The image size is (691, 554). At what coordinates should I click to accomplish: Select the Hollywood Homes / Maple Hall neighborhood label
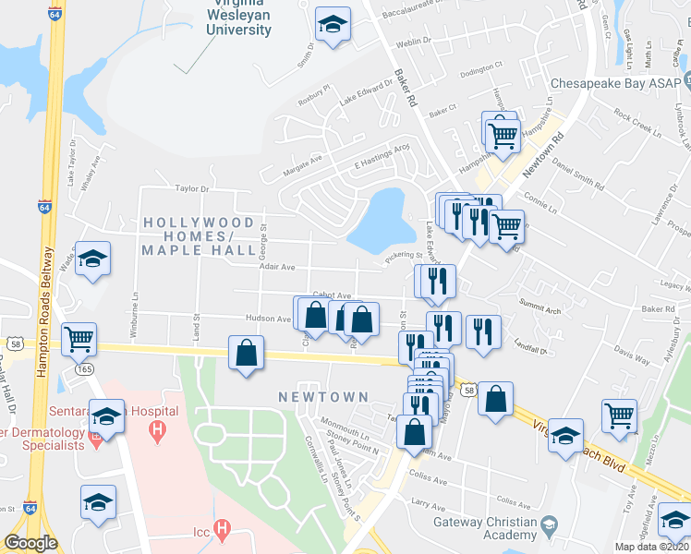(x=199, y=236)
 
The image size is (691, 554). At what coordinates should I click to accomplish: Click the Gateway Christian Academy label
(x=485, y=529)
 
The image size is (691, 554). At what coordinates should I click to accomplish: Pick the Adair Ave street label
(x=276, y=267)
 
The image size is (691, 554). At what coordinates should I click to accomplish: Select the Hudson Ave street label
(x=268, y=319)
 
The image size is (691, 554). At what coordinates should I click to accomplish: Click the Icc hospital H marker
(x=221, y=528)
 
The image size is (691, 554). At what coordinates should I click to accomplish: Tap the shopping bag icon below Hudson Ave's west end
(x=247, y=353)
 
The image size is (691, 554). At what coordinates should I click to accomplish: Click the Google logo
(x=30, y=543)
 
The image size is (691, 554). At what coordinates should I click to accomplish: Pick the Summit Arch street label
(x=539, y=310)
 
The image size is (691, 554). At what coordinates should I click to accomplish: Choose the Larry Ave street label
(x=428, y=504)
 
